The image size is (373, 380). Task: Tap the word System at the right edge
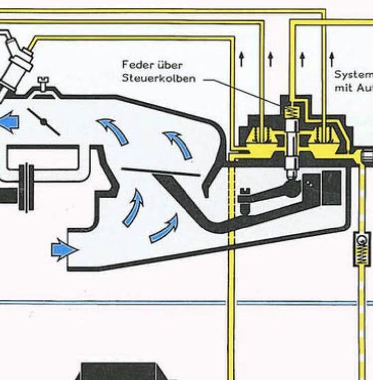tap(353, 75)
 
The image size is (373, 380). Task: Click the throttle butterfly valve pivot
tap(44, 122)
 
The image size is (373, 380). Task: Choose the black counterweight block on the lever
tap(331, 188)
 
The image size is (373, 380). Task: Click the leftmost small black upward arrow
tap(241, 59)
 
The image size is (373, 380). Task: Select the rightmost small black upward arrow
tap(331, 59)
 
